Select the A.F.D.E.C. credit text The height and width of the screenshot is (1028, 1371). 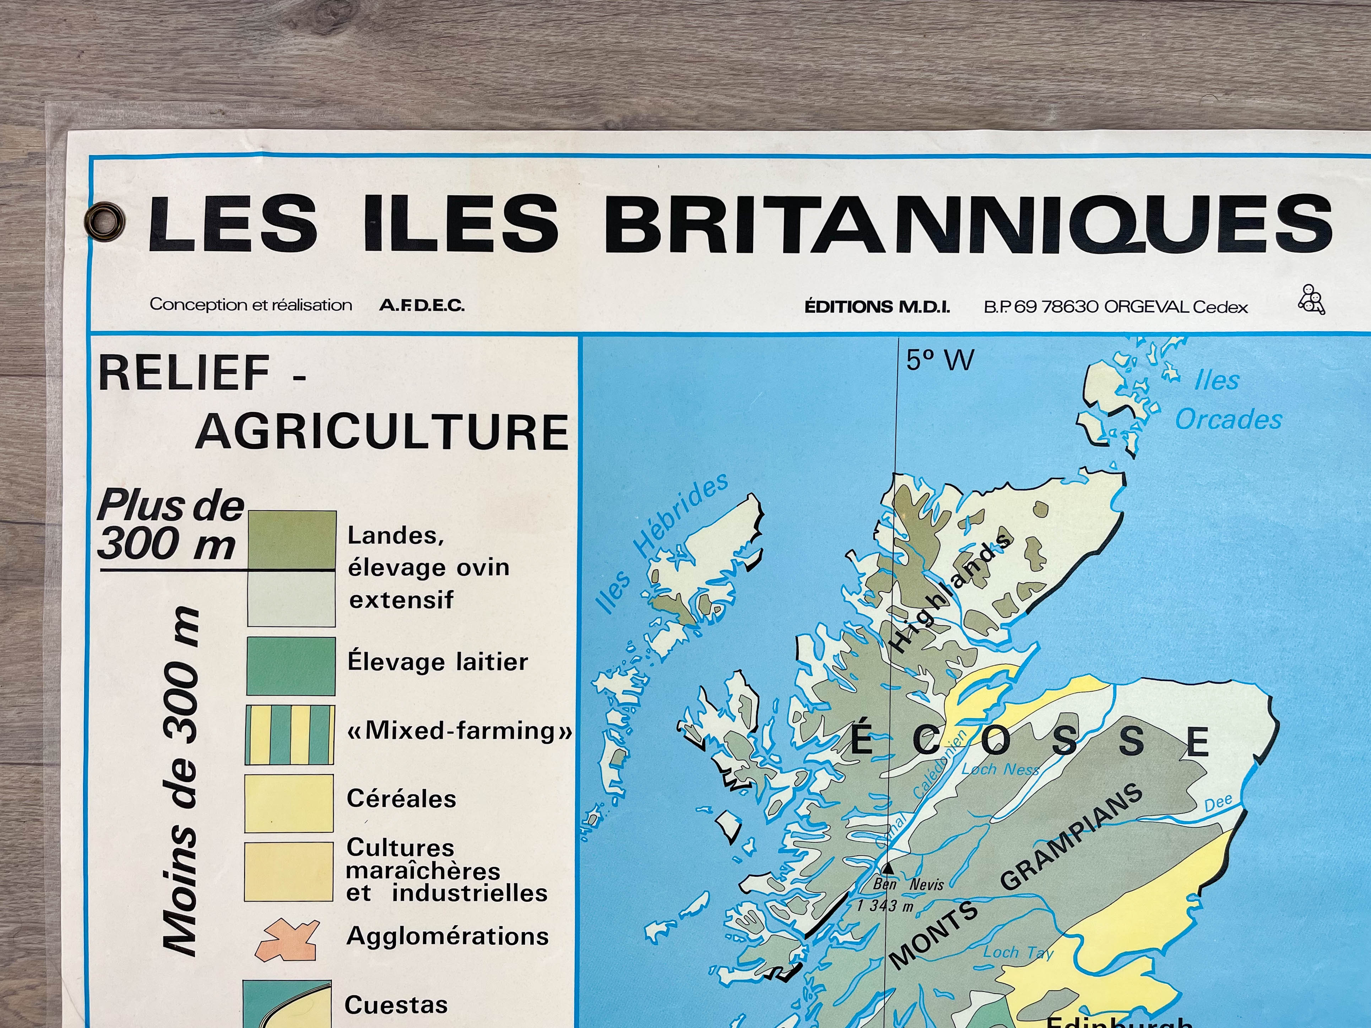(422, 305)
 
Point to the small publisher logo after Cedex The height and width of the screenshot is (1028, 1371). (1311, 300)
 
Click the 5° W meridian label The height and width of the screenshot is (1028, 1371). (939, 360)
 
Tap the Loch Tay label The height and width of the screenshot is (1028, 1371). (1018, 952)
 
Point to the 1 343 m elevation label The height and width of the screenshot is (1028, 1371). (885, 906)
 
